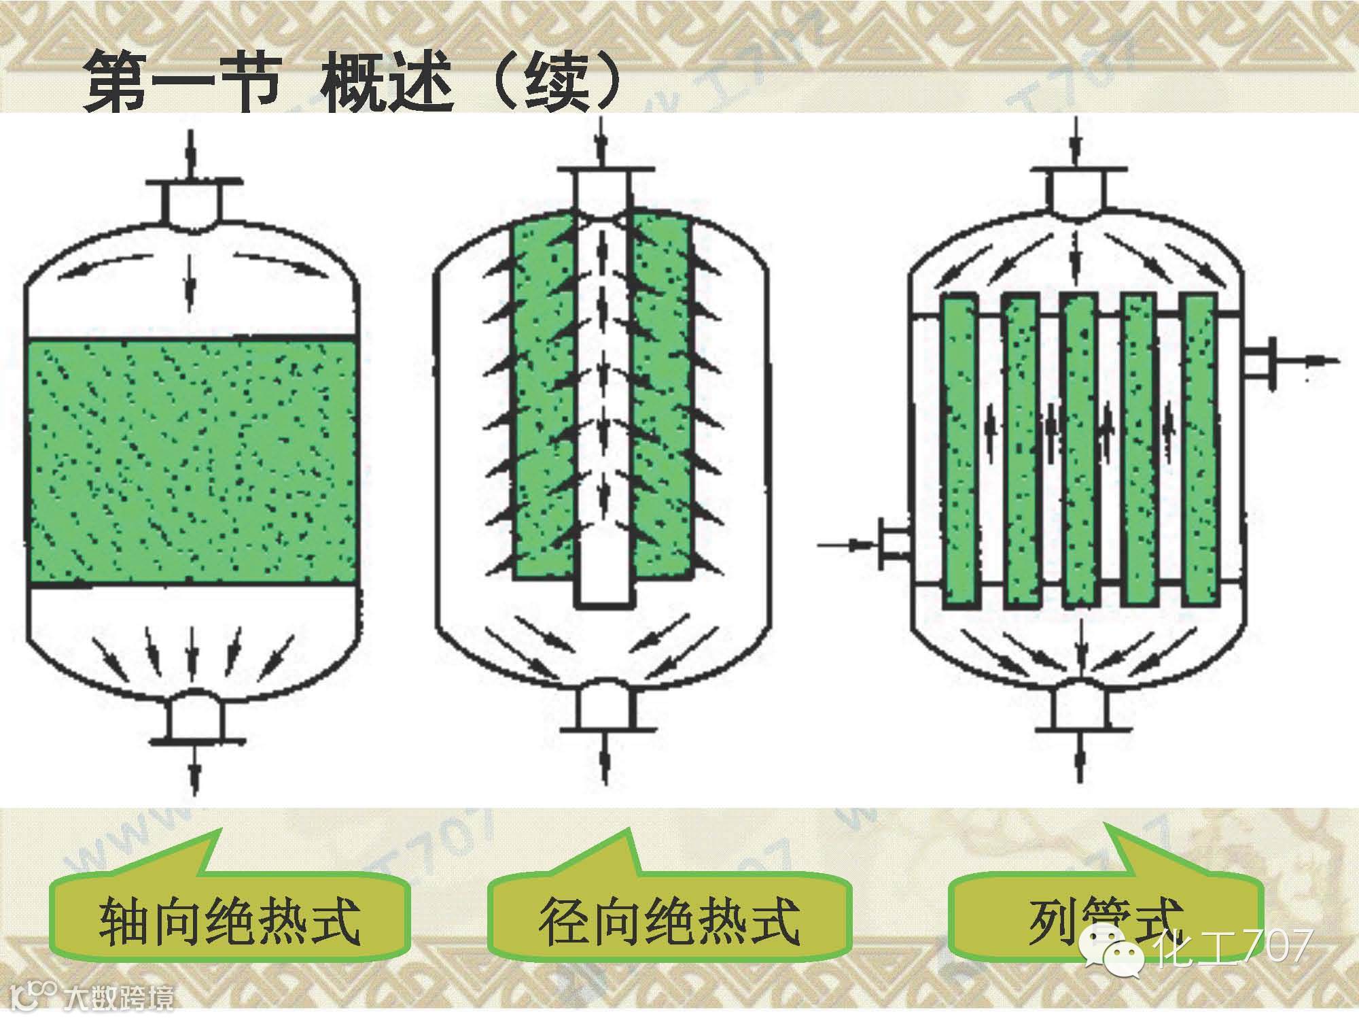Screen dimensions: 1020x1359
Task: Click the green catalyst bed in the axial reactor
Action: coord(191,461)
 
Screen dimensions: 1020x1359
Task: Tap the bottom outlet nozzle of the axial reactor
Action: coord(195,717)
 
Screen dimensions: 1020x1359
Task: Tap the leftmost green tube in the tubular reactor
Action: coord(959,449)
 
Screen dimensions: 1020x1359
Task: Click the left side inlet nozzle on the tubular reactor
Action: coord(893,543)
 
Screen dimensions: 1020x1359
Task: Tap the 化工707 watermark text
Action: coord(1233,947)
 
